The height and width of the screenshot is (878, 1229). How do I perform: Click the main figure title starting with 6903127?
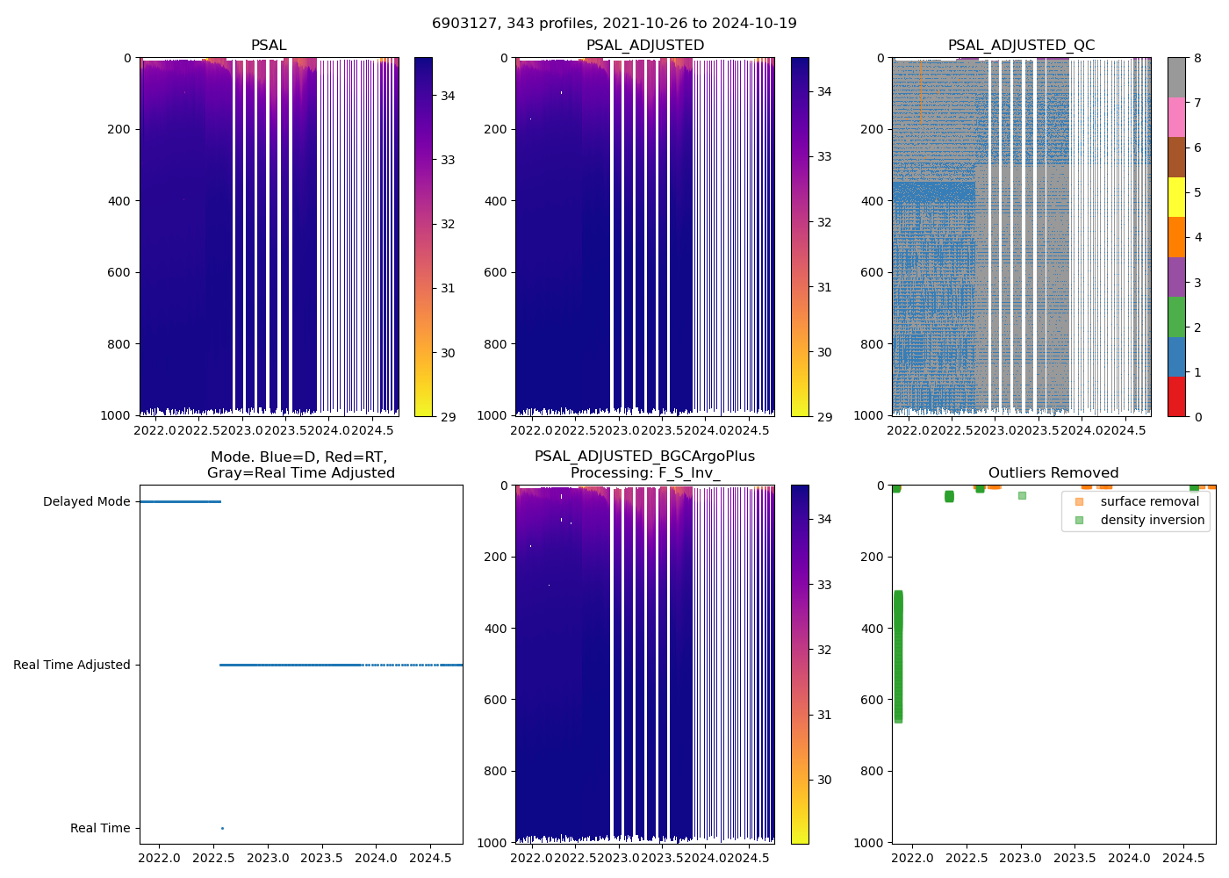pos(614,24)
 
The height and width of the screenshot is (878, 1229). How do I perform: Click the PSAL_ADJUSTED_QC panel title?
pos(1021,46)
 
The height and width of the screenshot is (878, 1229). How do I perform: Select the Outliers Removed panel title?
pos(1053,473)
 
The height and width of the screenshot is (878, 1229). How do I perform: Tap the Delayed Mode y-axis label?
pos(86,502)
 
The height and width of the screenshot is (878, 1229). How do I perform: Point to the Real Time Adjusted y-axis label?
pos(72,666)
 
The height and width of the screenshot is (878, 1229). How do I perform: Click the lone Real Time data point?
pos(222,828)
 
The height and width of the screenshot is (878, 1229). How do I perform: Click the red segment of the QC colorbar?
pos(1176,396)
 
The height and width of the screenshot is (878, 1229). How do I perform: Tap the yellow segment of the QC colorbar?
pos(1176,197)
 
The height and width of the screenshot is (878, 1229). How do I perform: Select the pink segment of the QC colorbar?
pos(1176,117)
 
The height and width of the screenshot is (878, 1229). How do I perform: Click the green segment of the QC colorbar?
pos(1176,316)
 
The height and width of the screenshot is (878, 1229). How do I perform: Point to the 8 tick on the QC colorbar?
pos(1198,59)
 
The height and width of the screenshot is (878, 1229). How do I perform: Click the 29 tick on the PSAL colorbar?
pos(448,416)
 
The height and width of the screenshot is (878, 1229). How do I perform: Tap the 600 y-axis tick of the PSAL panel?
pos(120,273)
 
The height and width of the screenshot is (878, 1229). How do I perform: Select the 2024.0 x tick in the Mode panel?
pos(376,858)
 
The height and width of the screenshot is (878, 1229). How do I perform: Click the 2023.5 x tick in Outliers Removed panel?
pos(1074,858)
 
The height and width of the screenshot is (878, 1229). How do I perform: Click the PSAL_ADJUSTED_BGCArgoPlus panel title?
pos(644,464)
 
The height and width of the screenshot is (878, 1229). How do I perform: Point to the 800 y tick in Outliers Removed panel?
pos(873,771)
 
